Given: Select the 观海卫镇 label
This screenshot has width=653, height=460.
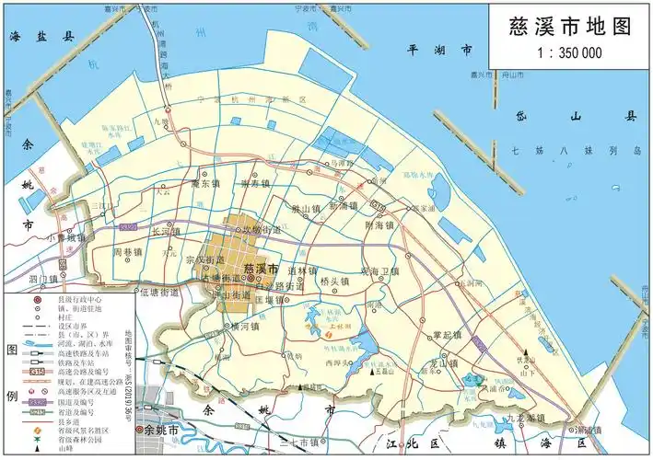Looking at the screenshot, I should tap(379, 271).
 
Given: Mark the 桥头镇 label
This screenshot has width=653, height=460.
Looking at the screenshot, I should tap(333, 282).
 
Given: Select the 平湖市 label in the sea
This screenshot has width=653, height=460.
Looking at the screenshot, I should tap(440, 50).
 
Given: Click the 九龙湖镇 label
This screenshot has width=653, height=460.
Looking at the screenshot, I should tap(525, 418).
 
